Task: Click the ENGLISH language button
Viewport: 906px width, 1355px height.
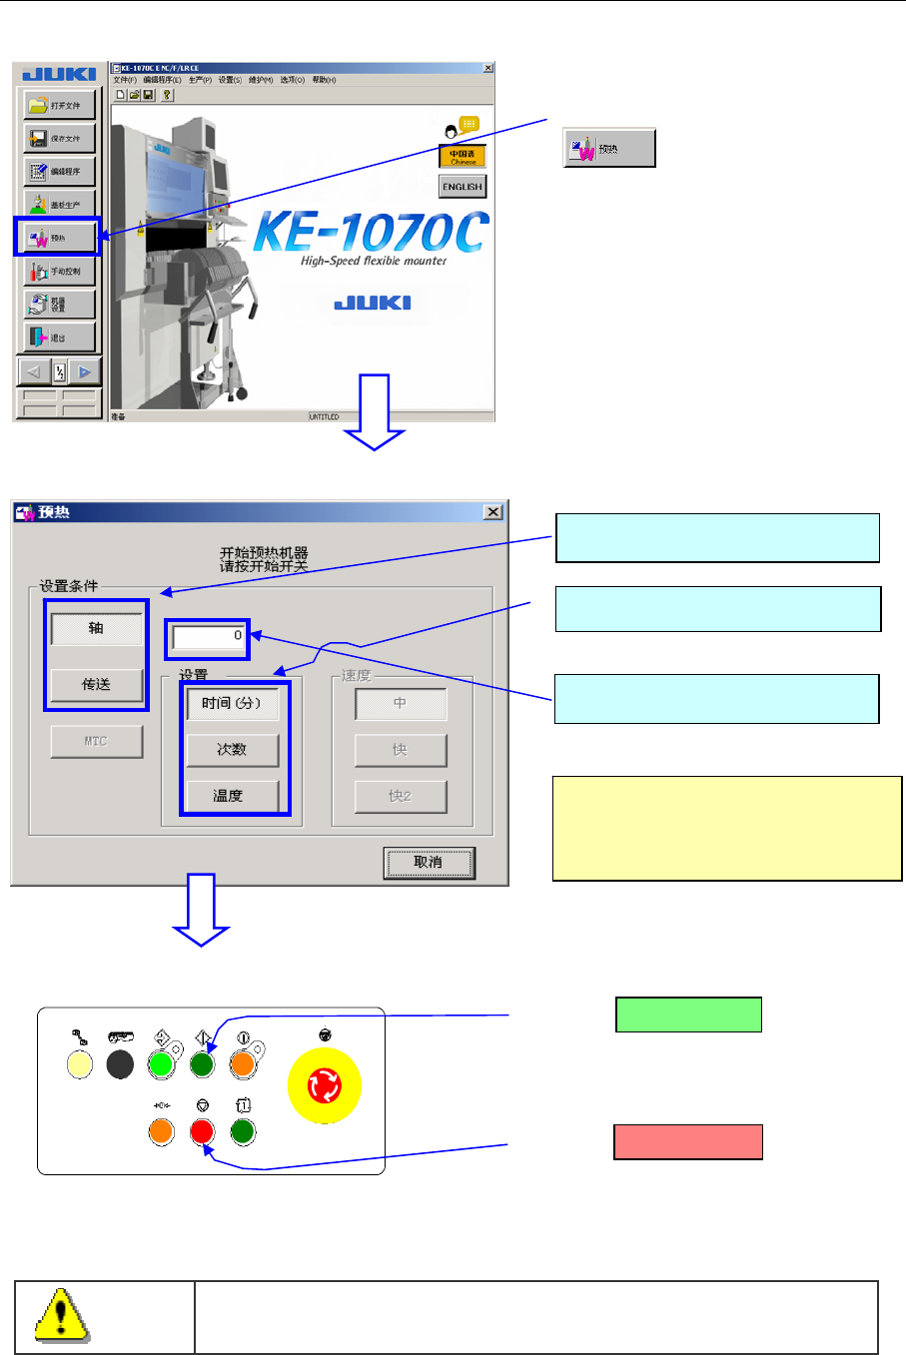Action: coord(461,187)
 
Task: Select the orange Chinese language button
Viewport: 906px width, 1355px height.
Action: coord(461,157)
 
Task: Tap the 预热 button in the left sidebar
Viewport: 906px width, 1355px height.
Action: coord(59,238)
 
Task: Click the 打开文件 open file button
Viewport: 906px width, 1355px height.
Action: coord(60,105)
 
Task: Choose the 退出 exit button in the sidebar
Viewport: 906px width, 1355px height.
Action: coord(60,338)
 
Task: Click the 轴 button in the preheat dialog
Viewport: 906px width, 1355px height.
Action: coord(96,628)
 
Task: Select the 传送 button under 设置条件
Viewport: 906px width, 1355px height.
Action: coord(96,684)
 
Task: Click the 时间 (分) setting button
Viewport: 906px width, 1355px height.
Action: coord(232,703)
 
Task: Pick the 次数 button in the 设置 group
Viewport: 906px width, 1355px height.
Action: coord(232,749)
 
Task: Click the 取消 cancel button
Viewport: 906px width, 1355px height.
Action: coord(429,862)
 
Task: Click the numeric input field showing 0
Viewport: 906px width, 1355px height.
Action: coord(209,636)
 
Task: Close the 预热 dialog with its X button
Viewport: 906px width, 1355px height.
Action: coord(492,512)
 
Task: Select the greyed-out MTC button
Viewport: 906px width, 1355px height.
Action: coord(96,741)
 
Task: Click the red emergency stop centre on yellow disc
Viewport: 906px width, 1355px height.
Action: coord(325,1086)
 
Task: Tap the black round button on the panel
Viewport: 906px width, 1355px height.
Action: coord(120,1065)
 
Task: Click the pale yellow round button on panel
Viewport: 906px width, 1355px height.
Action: coord(79,1065)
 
